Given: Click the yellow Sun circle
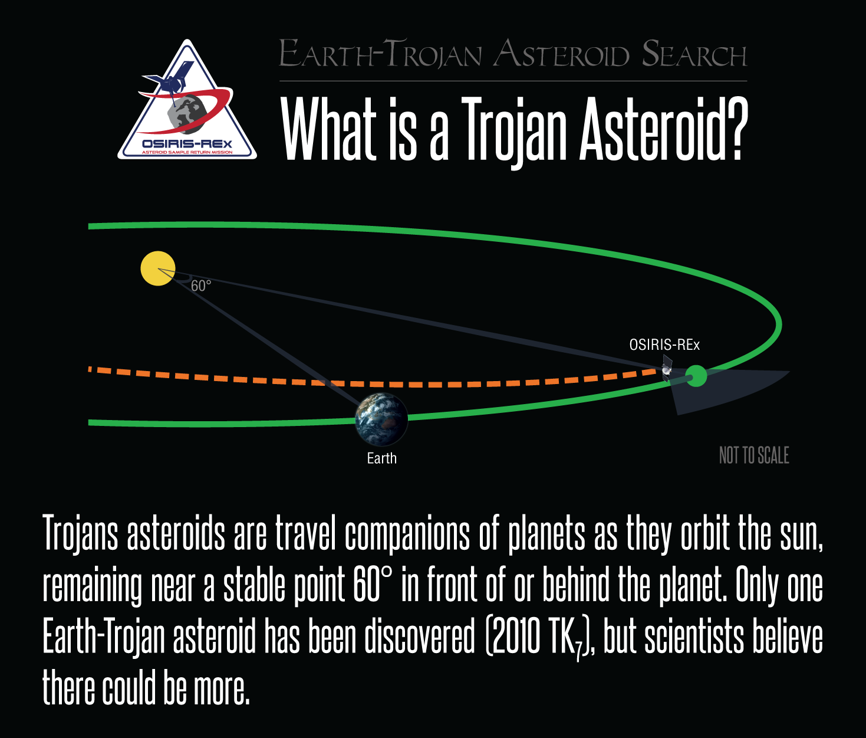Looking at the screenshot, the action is tap(158, 268).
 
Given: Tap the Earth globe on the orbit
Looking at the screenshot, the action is tap(381, 419).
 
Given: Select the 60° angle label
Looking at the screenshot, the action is tap(200, 286).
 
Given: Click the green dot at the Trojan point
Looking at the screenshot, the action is tap(696, 376).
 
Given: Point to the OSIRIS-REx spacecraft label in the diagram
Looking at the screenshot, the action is tap(664, 345).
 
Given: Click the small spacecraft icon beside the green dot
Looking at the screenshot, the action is tap(667, 368).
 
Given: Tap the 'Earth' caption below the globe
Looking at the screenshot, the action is tap(381, 458).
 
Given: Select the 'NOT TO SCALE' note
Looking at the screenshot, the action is tap(754, 455).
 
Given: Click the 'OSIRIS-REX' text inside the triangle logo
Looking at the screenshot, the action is tap(187, 145).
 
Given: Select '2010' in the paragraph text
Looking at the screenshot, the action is tap(516, 638).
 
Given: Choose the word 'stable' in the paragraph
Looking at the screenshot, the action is tap(254, 585).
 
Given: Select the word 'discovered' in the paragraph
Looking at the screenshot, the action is tap(419, 638).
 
